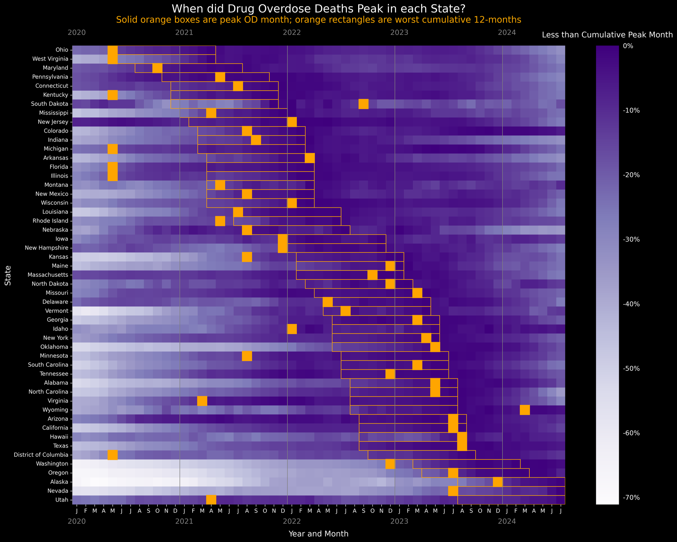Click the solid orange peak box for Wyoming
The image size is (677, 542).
coord(525,410)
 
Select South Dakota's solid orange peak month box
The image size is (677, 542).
coord(363,104)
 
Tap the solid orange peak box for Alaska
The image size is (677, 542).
coord(498,482)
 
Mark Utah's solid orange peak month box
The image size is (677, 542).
coord(211,500)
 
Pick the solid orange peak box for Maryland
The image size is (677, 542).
coord(157,68)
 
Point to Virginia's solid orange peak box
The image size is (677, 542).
coord(202,401)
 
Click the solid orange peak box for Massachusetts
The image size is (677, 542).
coord(372,275)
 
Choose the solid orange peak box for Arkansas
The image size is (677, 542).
coord(310,158)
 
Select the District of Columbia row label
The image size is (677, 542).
coord(39,454)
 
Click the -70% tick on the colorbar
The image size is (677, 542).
coord(631,497)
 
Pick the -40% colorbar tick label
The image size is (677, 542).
coord(631,304)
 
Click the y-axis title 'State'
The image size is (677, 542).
coord(8,275)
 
